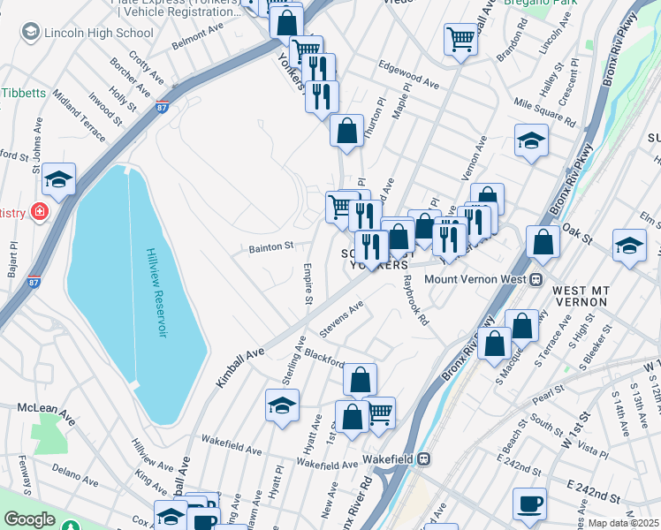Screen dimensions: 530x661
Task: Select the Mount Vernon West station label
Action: tap(475, 279)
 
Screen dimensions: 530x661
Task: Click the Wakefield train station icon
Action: tap(424, 459)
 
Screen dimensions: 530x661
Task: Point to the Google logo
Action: tap(29, 519)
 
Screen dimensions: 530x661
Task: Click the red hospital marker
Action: tap(39, 211)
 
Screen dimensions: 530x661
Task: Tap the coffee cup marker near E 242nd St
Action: tap(529, 503)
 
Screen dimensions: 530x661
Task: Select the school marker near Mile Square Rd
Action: tap(531, 140)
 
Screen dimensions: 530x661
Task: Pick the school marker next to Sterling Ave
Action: tap(282, 405)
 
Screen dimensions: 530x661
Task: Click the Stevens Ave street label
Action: tap(342, 319)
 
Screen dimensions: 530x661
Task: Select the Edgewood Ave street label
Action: tap(408, 76)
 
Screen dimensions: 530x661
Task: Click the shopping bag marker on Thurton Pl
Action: tap(347, 131)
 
